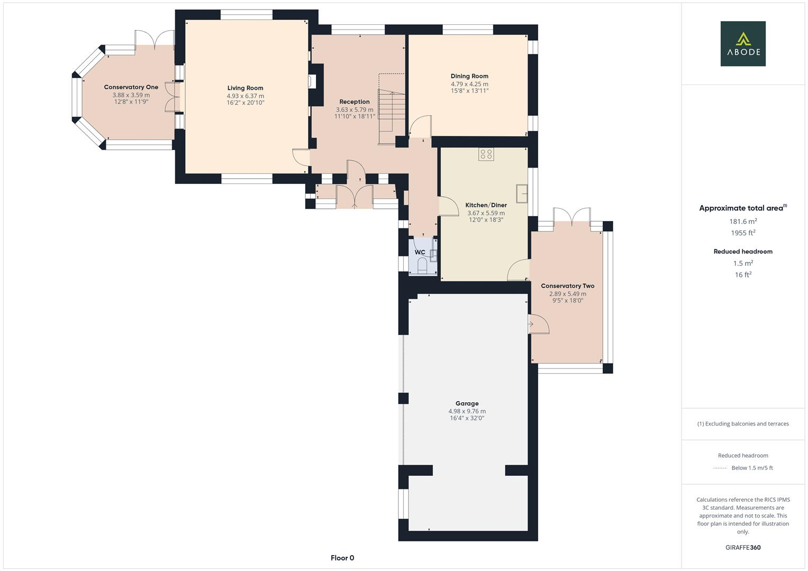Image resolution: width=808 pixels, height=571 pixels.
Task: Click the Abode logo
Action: tap(743, 43)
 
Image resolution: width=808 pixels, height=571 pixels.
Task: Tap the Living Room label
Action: tap(246, 88)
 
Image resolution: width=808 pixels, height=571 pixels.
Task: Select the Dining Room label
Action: tap(469, 76)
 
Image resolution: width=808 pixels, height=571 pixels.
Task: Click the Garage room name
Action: tap(467, 403)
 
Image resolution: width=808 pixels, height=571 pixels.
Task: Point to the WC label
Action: tap(420, 252)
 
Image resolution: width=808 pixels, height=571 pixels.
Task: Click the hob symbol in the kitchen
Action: tap(486, 154)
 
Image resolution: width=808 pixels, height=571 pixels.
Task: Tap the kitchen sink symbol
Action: tap(522, 194)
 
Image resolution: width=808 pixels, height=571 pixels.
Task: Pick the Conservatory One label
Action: tap(131, 87)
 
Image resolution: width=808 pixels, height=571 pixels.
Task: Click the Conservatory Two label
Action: tap(567, 286)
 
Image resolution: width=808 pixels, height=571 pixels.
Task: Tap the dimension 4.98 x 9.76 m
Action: tap(467, 411)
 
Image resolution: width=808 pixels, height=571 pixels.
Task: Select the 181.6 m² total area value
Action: tap(743, 222)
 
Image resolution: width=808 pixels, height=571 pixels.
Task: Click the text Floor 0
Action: tap(342, 558)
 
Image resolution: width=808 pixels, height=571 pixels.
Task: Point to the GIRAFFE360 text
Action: tap(743, 548)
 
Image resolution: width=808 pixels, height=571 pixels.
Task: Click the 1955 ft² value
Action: tap(743, 233)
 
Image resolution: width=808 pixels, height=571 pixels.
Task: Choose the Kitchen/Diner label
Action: tap(486, 205)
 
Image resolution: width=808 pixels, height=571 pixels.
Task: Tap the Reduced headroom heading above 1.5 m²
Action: tap(743, 252)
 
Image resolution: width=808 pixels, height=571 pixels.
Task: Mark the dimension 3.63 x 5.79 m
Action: tap(355, 109)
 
